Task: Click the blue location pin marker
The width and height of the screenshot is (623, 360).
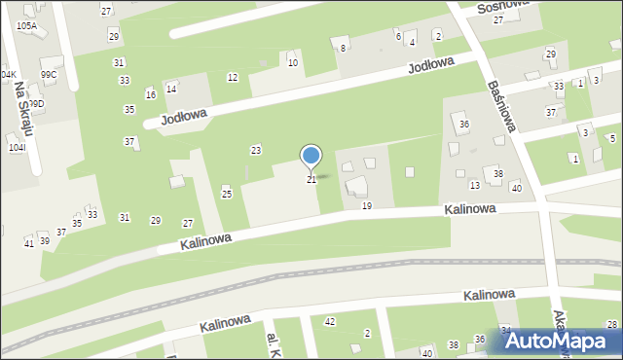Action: coord(311,157)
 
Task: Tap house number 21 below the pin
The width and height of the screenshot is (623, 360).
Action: coord(311,180)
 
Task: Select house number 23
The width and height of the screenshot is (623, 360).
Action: coord(256,150)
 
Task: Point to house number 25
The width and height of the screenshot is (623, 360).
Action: coord(227,194)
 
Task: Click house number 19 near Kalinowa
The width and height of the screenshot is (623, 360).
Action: coord(366,205)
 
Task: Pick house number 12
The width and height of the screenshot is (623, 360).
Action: coord(232,77)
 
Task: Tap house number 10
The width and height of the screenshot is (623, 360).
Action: coord(292,62)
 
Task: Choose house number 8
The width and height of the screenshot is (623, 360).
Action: coord(343,48)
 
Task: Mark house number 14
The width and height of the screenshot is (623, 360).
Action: coord(171,89)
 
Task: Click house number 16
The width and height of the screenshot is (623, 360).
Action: coord(150,94)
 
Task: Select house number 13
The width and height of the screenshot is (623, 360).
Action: coord(475,185)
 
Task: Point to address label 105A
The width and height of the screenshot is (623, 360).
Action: coord(27,25)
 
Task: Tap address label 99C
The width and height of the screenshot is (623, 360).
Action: coord(49,74)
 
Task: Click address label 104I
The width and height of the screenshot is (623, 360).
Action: coord(17,147)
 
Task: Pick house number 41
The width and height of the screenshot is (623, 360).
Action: coord(28,243)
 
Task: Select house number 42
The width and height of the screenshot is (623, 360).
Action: coord(330,321)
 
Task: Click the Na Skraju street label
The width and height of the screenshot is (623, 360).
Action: coord(24,112)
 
